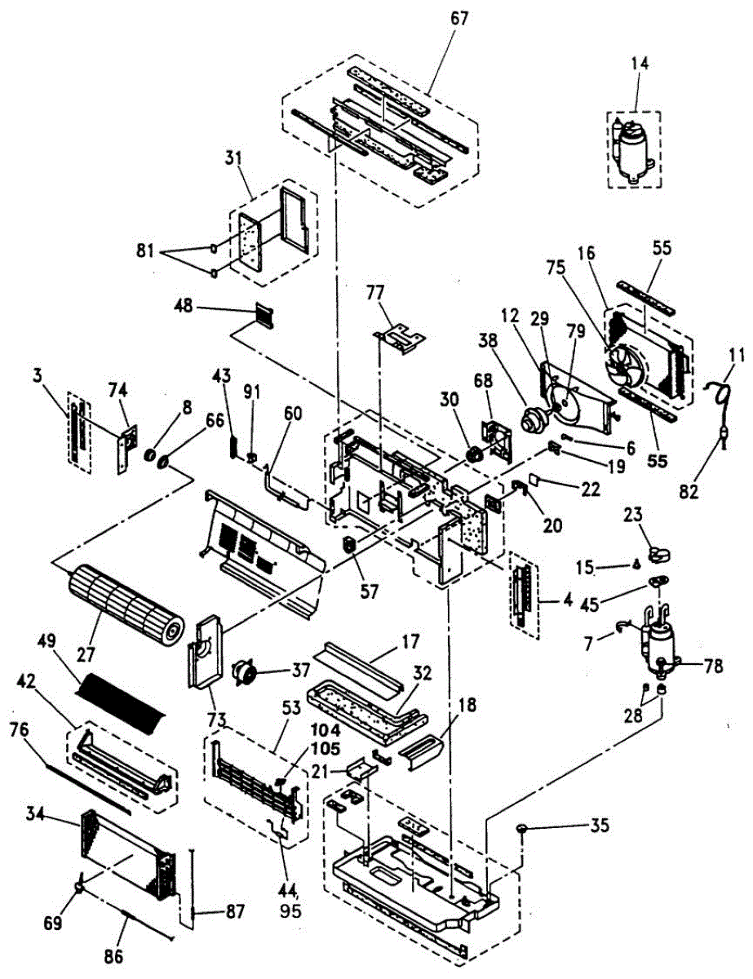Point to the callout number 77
pyautogui.click(x=400, y=293)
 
